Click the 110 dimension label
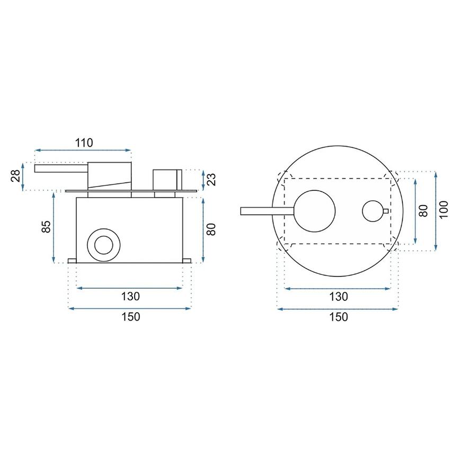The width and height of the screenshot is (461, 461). click(84, 143)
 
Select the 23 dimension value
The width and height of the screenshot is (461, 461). click(211, 180)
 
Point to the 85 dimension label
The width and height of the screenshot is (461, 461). click(46, 226)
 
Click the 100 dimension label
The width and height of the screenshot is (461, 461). click(444, 210)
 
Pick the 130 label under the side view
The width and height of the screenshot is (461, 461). click(130, 296)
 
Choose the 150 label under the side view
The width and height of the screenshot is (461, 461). click(130, 317)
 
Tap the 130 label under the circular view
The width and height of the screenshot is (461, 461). click(339, 297)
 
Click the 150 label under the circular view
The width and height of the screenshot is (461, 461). click(339, 317)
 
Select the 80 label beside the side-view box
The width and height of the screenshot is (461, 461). click(211, 229)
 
